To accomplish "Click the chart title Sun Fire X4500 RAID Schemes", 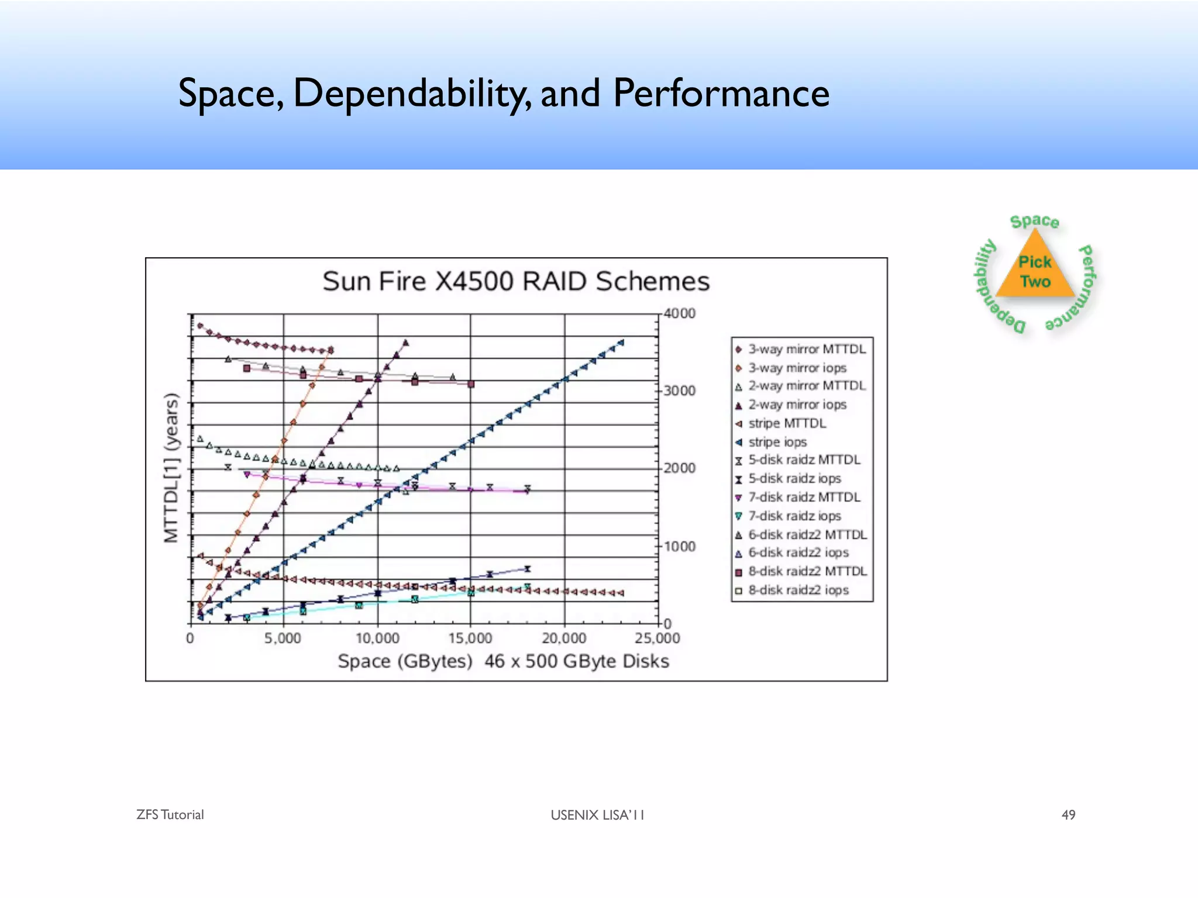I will pos(516,281).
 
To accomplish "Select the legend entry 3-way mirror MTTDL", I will pos(806,349).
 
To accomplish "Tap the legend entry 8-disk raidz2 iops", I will pos(798,590).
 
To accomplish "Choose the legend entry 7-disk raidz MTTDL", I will pos(804,498).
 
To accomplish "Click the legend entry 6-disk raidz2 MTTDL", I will pos(807,534).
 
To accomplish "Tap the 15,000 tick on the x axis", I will pos(470,638).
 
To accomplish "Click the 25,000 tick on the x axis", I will pos(657,638).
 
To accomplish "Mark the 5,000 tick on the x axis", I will pos(283,638).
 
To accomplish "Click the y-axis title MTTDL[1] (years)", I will pos(171,468).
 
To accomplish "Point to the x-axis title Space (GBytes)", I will pos(405,661).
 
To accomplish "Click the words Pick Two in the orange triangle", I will pos(1035,272).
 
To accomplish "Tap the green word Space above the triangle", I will pos(1034,221).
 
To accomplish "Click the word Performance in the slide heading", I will pos(721,94).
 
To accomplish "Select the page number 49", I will pos(1068,815).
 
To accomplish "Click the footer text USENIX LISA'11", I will pos(597,815).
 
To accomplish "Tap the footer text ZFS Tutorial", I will pos(170,815).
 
